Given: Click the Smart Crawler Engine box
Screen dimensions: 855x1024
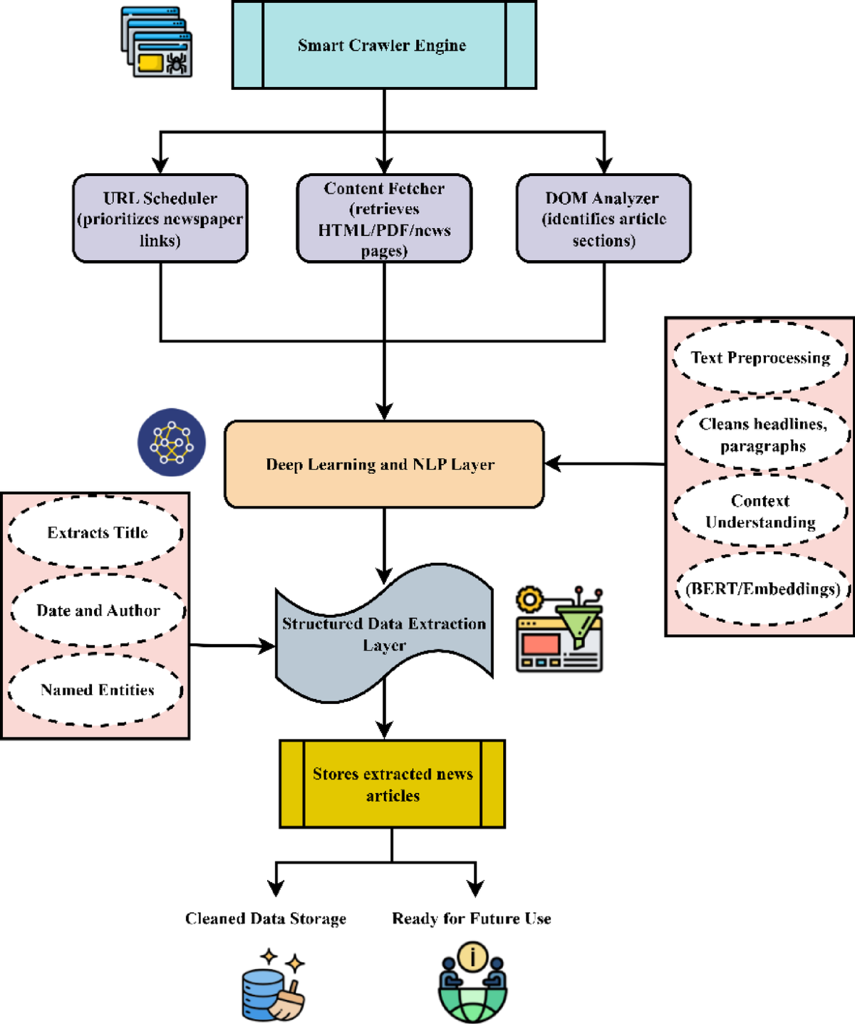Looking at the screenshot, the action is [x=384, y=45].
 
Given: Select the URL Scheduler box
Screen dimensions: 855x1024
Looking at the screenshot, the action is [x=160, y=218].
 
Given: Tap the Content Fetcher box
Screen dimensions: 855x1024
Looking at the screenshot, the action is [x=384, y=218].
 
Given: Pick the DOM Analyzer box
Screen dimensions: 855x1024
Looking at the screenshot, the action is [x=604, y=218].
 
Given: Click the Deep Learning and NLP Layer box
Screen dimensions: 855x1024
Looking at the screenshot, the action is [x=384, y=464].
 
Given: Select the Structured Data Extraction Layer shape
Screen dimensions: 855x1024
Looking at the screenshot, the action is [x=384, y=633].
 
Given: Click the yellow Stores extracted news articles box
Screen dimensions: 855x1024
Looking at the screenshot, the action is [x=393, y=784].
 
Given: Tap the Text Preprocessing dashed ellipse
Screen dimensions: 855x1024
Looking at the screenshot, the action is [x=760, y=357].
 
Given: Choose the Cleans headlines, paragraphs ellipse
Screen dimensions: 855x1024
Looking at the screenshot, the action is [x=762, y=435].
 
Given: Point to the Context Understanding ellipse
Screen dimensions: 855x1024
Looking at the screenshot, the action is [x=760, y=510].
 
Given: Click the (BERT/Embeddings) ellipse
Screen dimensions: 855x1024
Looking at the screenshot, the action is [x=762, y=588].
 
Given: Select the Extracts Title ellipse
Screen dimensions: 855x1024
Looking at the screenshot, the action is [x=96, y=532].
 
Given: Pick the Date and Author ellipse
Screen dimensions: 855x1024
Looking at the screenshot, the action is [x=98, y=610].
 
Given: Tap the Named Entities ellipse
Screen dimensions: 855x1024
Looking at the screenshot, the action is [x=96, y=690].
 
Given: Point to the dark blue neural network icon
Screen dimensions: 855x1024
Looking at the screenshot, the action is [x=172, y=442].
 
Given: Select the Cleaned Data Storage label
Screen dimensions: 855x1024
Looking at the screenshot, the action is [x=265, y=919].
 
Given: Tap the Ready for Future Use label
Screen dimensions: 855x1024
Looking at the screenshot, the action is [x=472, y=918].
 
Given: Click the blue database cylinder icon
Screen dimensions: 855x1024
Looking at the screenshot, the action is [x=262, y=995].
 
